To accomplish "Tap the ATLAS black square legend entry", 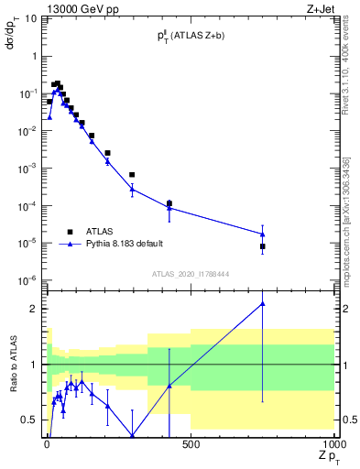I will [x=70, y=232].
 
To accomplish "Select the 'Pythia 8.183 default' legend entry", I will [x=70, y=245].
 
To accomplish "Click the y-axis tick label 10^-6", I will [x=27, y=280].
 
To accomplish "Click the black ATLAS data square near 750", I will [x=262, y=246].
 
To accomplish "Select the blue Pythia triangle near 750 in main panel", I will [x=262, y=234].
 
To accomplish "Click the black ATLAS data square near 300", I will [x=132, y=174].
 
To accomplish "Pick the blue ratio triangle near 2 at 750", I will [x=262, y=303].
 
